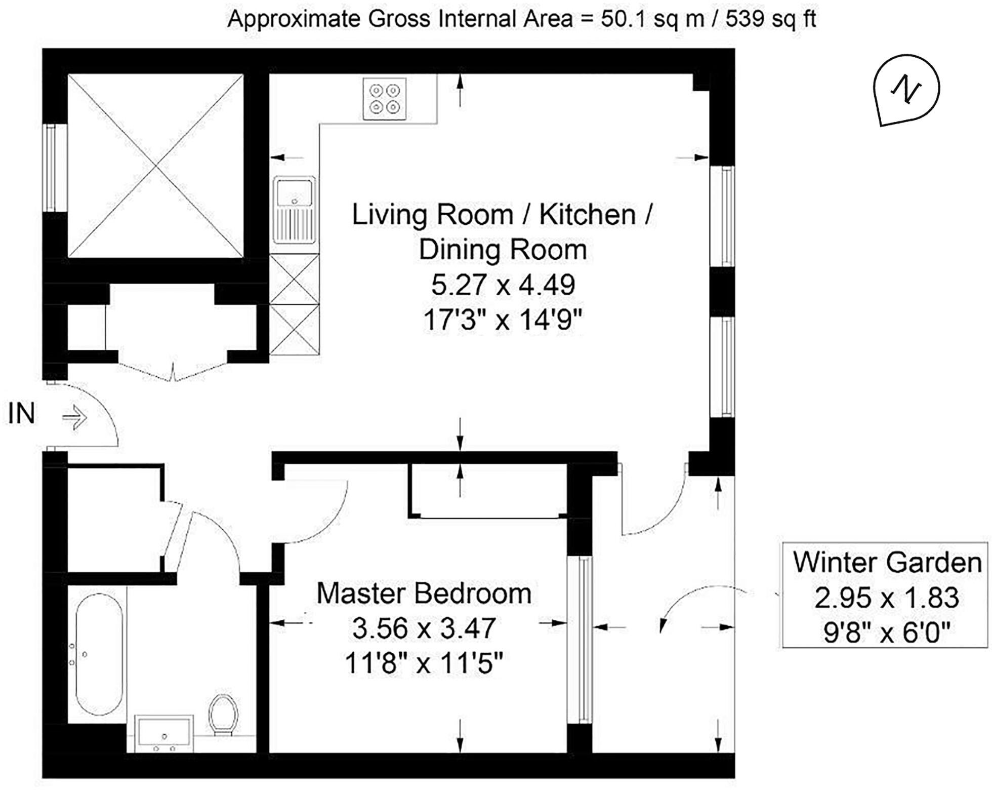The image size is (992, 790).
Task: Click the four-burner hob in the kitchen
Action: tap(385, 99)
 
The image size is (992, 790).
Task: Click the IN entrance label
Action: tap(22, 414)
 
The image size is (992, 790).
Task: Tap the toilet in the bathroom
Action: tap(223, 714)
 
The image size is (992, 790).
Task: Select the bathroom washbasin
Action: tap(163, 733)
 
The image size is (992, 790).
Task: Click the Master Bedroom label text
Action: tap(424, 594)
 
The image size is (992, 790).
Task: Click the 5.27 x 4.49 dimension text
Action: tap(503, 285)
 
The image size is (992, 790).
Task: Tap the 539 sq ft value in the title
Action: tap(770, 19)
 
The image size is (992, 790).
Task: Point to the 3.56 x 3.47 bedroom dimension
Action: tap(424, 628)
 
